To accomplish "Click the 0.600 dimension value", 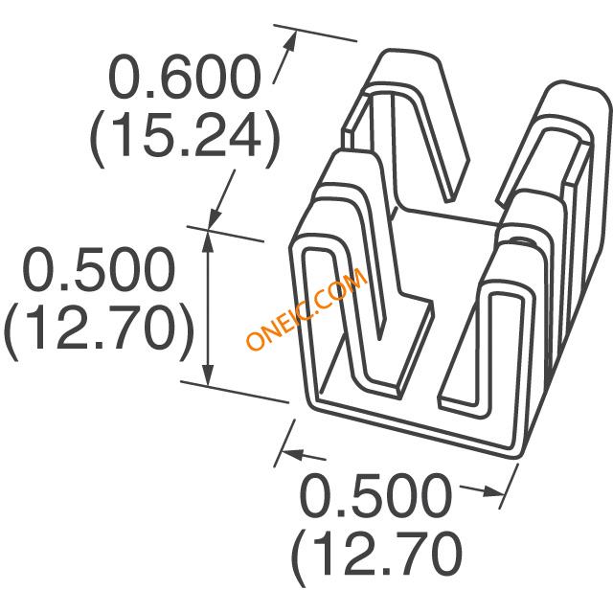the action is (185, 77).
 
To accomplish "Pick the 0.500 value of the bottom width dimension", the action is (375, 495).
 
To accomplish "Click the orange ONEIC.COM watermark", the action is (306, 308).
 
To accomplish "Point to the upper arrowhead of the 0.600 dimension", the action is (291, 41).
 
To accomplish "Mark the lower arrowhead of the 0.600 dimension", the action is (214, 217).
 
